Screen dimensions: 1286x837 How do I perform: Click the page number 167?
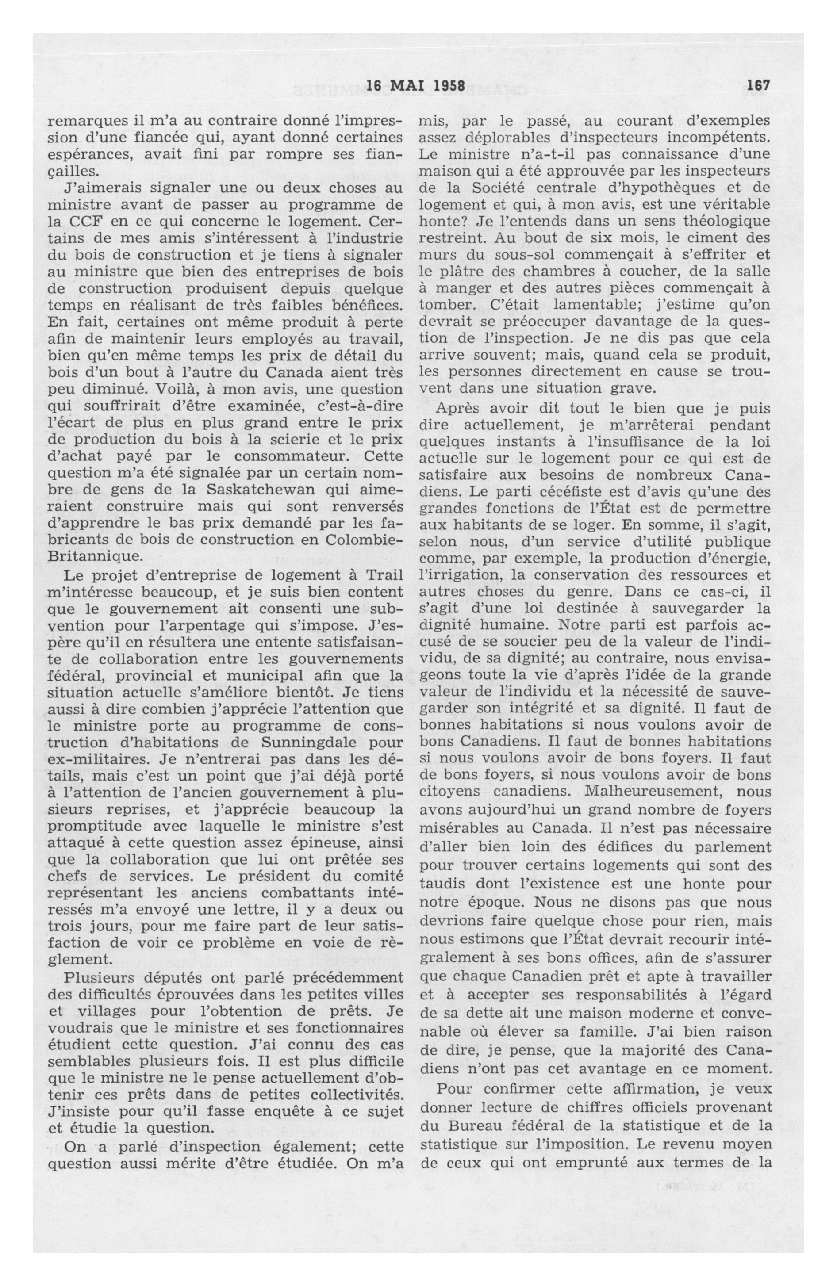click(758, 85)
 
